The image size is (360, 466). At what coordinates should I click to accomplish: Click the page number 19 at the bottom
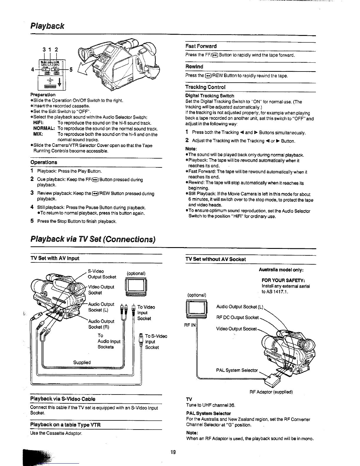[173, 452]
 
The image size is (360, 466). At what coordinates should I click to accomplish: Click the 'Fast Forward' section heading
[201, 46]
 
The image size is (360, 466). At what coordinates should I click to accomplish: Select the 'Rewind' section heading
[194, 67]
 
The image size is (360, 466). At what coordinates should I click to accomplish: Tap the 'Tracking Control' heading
[205, 87]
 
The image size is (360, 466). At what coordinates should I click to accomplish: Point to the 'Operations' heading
[44, 162]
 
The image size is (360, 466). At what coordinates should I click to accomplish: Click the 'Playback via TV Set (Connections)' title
[93, 239]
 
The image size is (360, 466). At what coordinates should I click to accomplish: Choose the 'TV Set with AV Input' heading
[55, 258]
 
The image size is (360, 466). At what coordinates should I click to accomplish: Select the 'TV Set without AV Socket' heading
[215, 259]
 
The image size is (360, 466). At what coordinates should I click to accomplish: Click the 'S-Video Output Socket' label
[102, 274]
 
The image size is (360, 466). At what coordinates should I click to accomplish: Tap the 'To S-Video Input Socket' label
[156, 342]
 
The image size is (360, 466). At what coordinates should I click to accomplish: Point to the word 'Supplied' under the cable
[82, 362]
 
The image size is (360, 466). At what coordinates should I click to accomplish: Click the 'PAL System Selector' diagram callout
[237, 370]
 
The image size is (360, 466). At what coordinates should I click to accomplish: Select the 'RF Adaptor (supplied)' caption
[271, 392]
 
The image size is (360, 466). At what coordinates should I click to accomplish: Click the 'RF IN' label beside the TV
[190, 325]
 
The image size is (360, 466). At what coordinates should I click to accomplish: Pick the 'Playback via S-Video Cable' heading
[63, 399]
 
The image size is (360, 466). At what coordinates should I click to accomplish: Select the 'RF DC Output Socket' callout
[237, 317]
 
